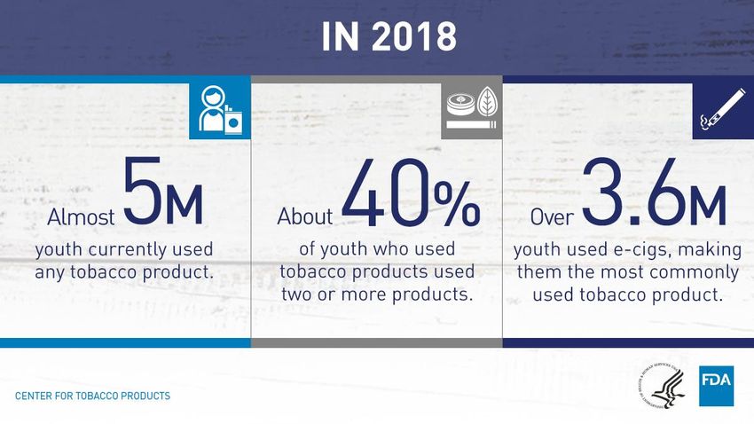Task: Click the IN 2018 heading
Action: click(x=389, y=36)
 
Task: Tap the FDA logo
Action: click(x=716, y=386)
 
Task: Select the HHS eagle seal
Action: click(x=662, y=386)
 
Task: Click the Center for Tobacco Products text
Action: click(x=93, y=397)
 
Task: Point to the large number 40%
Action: click(x=411, y=193)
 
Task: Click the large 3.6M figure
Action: click(x=654, y=192)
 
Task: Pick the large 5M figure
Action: click(x=162, y=191)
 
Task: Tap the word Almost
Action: click(x=81, y=217)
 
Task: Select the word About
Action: click(x=305, y=216)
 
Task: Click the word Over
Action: click(x=552, y=217)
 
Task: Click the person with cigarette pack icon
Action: click(x=220, y=110)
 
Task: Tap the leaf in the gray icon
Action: click(x=487, y=101)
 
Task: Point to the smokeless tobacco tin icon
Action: click(x=460, y=106)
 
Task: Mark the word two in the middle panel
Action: click(x=297, y=294)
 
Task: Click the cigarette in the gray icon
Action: click(x=471, y=125)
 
